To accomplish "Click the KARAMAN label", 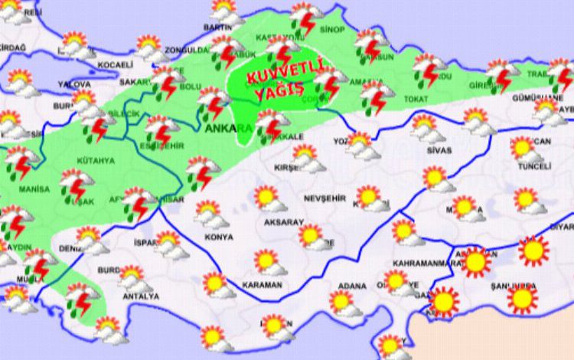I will (262, 284).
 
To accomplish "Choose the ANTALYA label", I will (140, 296).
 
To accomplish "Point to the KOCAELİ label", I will (116, 64).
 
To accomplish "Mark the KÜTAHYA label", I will (95, 161).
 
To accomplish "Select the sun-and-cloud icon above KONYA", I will (209, 214).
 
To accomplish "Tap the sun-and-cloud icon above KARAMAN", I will (267, 261).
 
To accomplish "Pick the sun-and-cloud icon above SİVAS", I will (426, 127).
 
